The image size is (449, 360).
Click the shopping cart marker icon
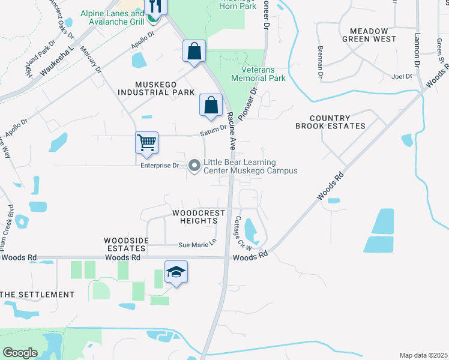coord(146,143)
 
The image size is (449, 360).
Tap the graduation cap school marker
coord(176,272)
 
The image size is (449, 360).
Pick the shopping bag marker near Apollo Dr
coord(194,51)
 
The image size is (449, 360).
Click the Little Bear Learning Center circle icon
coord(194,166)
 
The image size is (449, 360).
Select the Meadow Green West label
coord(369,35)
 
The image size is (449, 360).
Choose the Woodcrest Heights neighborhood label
coord(199,217)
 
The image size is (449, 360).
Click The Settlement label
coord(37,295)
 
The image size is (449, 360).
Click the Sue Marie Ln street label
coord(196,245)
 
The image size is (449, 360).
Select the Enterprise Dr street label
coord(160,165)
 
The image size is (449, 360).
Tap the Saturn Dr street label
coord(214,128)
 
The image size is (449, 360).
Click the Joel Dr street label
coord(402,76)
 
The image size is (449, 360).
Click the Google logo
coord(19,353)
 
